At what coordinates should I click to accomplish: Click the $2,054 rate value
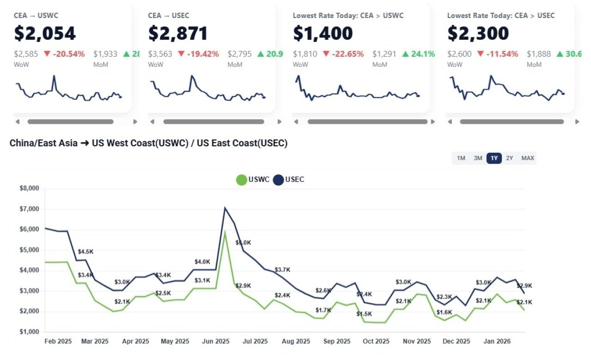pos(45,33)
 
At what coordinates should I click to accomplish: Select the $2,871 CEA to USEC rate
pos(178,33)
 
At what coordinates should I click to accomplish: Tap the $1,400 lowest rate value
pos(323,33)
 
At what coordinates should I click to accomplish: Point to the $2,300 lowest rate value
pos(478,33)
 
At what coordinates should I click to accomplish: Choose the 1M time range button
pos(461,158)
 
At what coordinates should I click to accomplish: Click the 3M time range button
pos(477,158)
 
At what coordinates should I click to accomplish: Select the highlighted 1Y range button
pos(494,158)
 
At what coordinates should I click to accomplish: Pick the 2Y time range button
pos(509,158)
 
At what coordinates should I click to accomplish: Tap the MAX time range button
pos(528,158)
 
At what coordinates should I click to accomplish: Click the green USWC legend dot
pos(241,180)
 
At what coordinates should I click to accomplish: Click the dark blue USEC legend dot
pos(278,180)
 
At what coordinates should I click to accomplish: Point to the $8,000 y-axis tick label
pos(29,188)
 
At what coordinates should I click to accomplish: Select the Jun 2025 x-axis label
pos(216,342)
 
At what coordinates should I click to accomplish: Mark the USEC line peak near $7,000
pos(225,208)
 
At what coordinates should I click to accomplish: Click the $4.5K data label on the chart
pos(85,252)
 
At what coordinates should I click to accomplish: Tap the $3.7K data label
pos(282,270)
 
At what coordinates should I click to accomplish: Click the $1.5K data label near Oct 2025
pos(364,314)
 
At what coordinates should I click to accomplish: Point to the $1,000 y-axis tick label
pos(29,332)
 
